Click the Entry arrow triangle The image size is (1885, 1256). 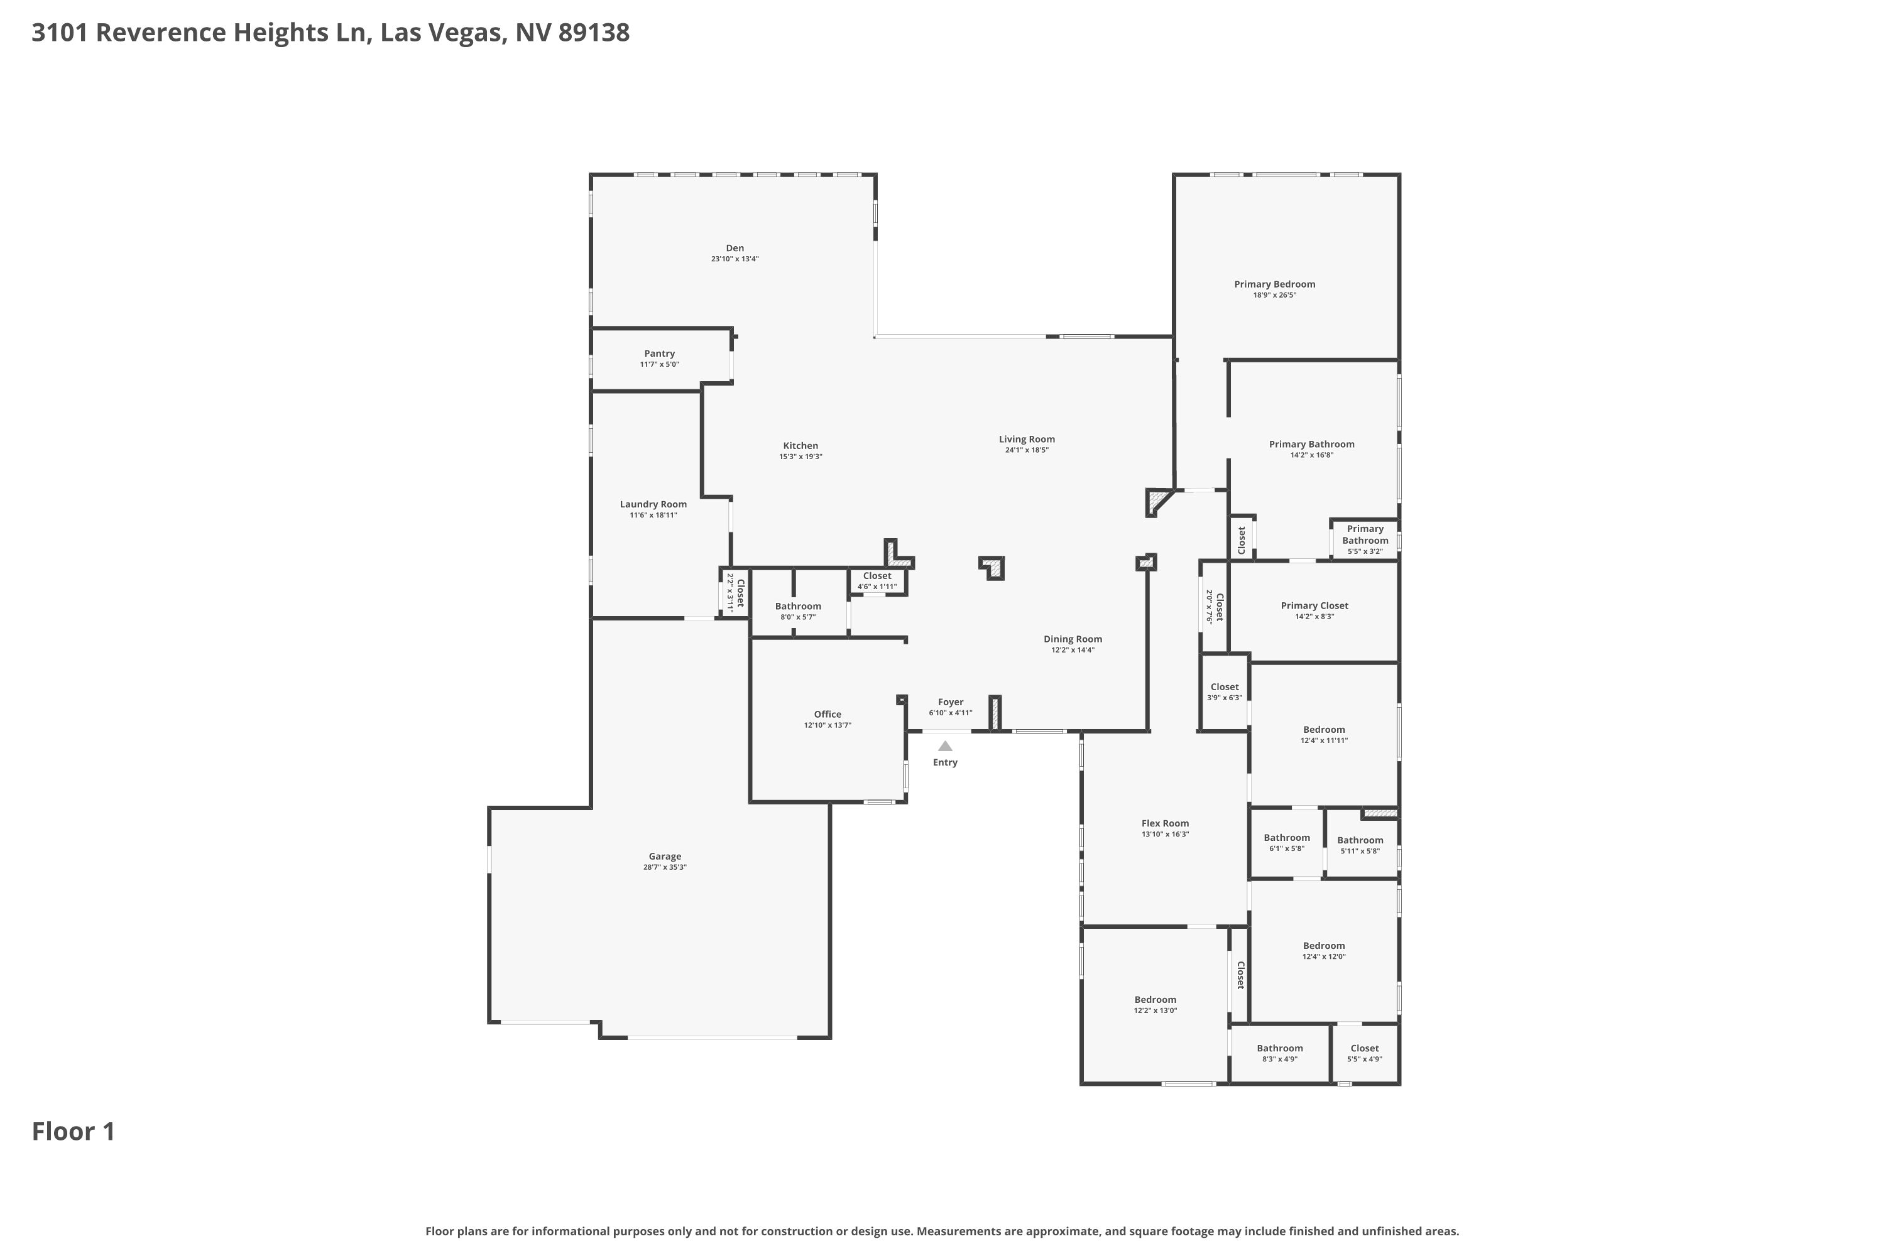945,747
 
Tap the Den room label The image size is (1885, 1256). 735,248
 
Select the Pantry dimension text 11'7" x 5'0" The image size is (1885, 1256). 660,364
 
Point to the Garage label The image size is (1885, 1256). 665,857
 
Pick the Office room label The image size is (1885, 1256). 828,715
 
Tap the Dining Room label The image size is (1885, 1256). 1073,639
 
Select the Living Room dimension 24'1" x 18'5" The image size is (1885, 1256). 1027,450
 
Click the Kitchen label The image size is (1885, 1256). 800,446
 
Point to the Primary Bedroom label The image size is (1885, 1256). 1275,284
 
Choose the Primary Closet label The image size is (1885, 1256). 1314,605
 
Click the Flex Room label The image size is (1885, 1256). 1166,823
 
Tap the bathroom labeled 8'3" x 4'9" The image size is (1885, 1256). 1280,1053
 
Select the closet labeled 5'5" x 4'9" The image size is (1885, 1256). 1365,1053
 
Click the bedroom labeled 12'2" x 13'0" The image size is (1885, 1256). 1156,1004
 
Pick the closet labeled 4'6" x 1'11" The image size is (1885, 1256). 878,581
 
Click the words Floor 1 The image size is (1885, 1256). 74,1131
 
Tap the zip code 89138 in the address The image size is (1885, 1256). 594,33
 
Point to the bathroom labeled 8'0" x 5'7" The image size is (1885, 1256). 798,611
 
